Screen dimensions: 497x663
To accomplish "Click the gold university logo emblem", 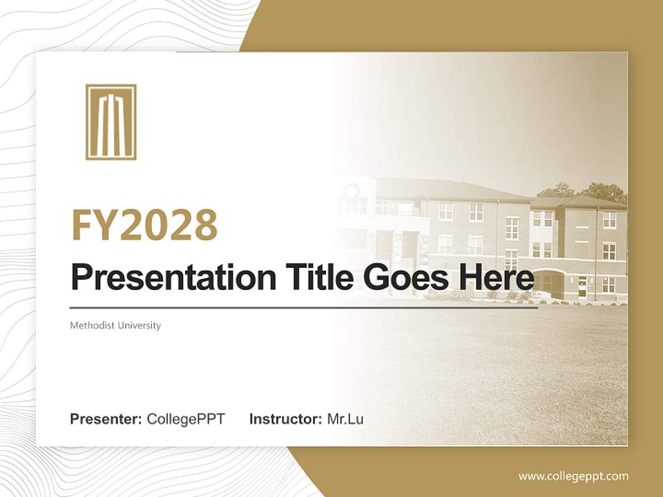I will [110, 122].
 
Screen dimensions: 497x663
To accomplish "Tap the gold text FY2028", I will [144, 225].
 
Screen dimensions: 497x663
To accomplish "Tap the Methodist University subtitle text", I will [115, 325].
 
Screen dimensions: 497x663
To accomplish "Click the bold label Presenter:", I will [106, 419].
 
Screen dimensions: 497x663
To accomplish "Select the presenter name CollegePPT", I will [186, 419].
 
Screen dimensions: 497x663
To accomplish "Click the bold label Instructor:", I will [285, 419].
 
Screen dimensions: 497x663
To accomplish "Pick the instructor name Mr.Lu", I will [345, 419].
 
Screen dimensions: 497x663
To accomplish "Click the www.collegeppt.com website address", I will [573, 476].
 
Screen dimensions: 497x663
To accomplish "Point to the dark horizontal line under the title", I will [304, 308].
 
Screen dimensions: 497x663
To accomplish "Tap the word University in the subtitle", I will [138, 325].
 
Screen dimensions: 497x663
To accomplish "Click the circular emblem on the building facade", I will [352, 190].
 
